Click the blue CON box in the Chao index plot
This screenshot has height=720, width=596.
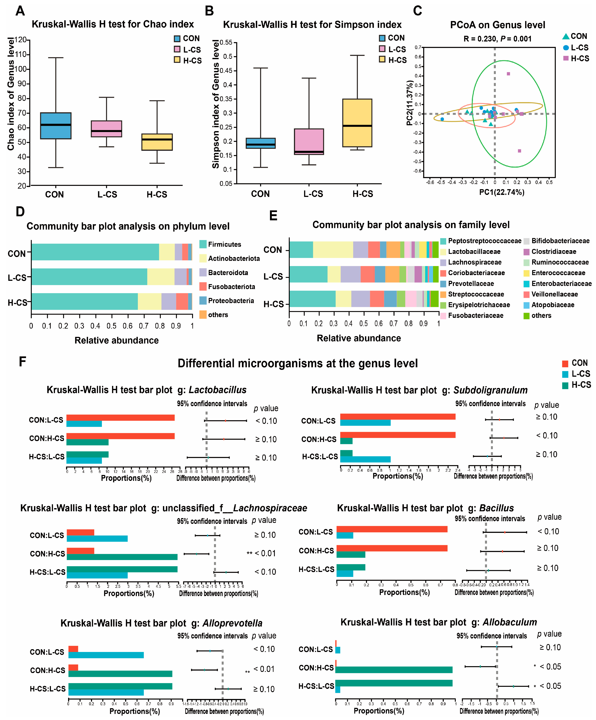pos(56,126)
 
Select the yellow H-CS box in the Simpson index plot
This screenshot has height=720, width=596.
pos(357,123)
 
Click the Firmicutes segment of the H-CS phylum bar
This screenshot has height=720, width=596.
pos(84,301)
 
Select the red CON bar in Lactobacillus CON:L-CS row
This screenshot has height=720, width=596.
pos(120,418)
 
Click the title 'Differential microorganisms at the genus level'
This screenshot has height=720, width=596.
pos(297,363)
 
